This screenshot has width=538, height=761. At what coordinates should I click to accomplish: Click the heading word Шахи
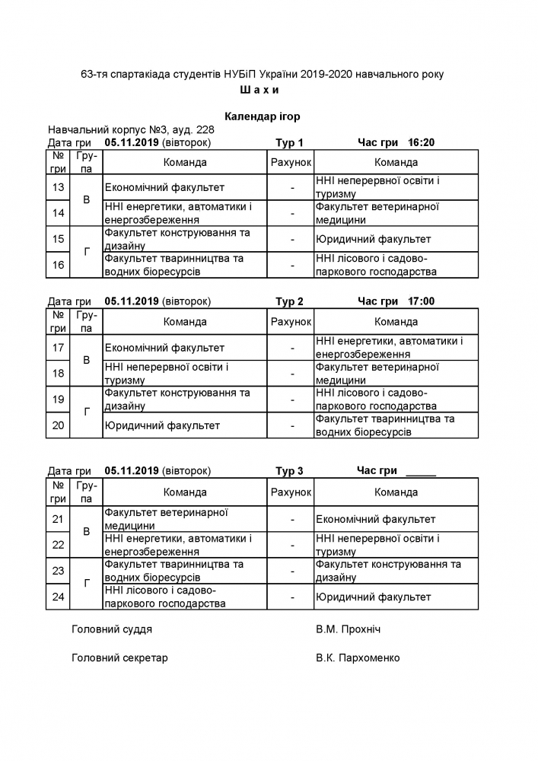pos(259,90)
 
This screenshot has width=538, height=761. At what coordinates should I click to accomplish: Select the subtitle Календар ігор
pos(263,116)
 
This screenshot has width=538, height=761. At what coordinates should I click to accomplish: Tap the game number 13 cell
pos(57,187)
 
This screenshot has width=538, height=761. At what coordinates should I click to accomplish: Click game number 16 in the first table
pos(57,265)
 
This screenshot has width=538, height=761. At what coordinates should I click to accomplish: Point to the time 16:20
pos(422,142)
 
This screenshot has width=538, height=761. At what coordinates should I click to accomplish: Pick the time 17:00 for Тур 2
pos(422,301)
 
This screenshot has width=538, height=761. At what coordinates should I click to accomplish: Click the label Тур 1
pos(289,142)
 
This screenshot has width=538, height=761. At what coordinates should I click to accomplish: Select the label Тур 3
pos(289,471)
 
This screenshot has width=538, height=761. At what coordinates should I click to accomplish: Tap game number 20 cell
pos(57,425)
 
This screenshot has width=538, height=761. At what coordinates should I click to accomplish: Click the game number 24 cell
pos(57,597)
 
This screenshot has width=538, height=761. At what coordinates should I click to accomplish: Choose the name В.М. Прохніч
pos(348,629)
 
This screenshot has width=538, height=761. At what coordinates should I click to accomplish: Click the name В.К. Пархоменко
pos(357,658)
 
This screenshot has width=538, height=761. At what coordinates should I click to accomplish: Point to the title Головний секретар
pos(119,658)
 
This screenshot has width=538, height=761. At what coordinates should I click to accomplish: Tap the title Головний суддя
pos(111,629)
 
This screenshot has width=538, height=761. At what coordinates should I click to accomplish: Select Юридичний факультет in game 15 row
pos(373,239)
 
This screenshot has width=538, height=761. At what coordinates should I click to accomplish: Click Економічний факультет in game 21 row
pos(375,519)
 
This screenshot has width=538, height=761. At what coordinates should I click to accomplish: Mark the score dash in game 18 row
pos(291,374)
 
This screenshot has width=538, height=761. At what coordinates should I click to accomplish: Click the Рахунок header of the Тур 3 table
pos(291,492)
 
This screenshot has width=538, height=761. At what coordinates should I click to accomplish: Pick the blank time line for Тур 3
pos(421,473)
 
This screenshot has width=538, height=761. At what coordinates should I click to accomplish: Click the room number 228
pos(205,129)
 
